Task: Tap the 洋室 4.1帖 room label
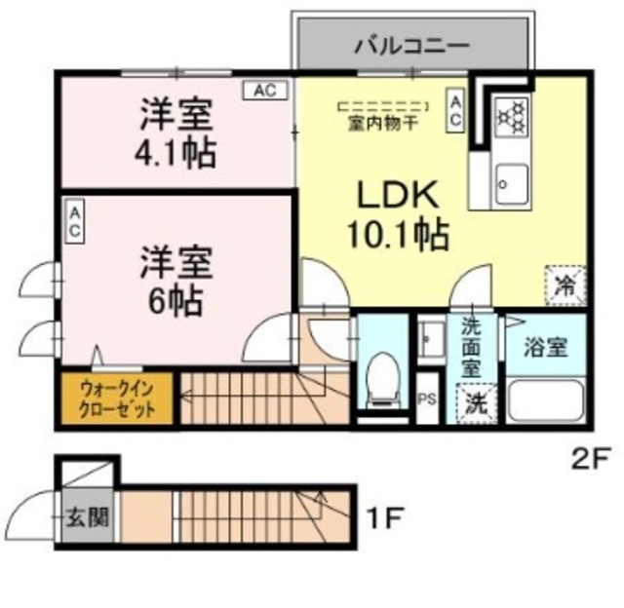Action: pyautogui.click(x=176, y=134)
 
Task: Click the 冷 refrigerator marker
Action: pyautogui.click(x=565, y=285)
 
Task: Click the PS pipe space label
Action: pyautogui.click(x=426, y=399)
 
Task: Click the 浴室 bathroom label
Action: pyautogui.click(x=545, y=347)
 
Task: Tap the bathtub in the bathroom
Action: pyautogui.click(x=546, y=399)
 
